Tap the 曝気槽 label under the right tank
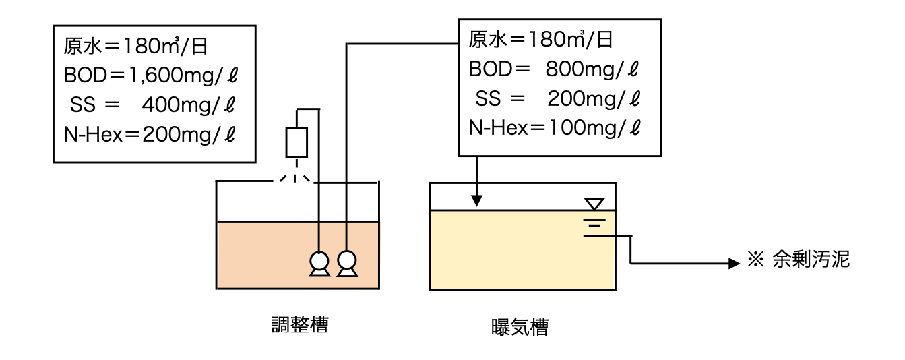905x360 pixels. [520, 328]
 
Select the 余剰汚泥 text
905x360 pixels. [811, 260]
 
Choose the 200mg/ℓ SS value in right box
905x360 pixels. [593, 99]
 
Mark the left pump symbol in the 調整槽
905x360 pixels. [319, 263]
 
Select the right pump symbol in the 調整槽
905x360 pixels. [347, 263]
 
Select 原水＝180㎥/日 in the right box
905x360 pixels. [541, 40]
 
